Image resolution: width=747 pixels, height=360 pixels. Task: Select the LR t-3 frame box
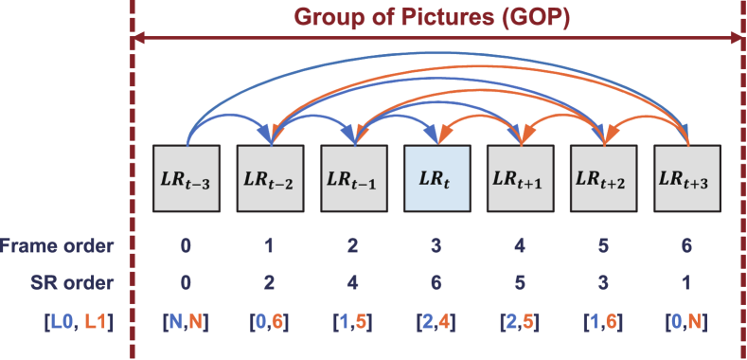pos(187,180)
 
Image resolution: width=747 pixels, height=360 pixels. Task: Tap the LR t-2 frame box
pos(270,180)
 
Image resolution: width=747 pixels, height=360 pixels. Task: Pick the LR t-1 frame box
pos(353,180)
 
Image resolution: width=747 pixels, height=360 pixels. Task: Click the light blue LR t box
pos(436,180)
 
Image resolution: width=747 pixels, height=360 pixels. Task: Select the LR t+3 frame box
pos(685,180)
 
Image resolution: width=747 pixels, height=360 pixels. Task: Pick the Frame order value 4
pos(519,246)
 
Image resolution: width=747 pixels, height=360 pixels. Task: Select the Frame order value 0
pos(187,246)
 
